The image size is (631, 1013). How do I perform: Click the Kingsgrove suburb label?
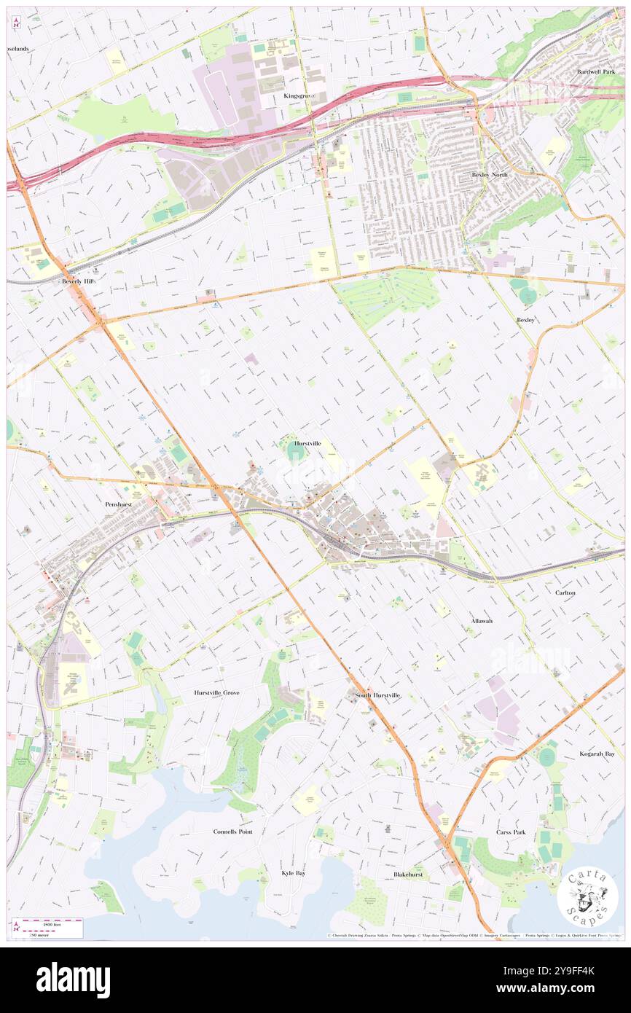point(299,95)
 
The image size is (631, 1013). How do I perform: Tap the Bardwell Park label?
point(596,72)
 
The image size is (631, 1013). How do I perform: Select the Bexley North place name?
point(490,175)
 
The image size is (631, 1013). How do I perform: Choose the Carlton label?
point(565,592)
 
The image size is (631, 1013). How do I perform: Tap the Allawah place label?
point(481,620)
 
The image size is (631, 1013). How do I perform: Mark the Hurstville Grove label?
point(216,692)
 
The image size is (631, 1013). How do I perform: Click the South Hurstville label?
point(377,695)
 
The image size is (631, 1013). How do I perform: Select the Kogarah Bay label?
point(597,754)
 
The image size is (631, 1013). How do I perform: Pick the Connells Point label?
point(232,831)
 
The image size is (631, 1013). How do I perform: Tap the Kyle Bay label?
point(293,872)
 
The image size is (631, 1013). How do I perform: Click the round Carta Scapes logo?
point(587,896)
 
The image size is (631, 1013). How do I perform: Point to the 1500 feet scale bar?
point(50,923)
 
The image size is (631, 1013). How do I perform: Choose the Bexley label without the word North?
point(525,320)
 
